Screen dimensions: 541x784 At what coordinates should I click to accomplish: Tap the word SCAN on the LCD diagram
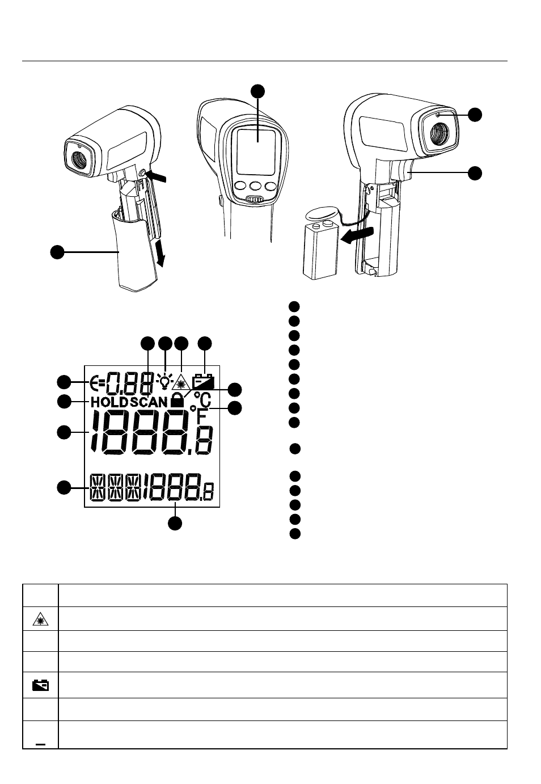[x=149, y=402]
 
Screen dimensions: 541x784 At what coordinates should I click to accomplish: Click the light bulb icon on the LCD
[x=165, y=381]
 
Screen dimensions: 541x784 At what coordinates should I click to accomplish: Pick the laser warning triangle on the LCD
[x=181, y=381]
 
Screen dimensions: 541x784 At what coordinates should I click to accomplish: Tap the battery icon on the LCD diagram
[x=203, y=381]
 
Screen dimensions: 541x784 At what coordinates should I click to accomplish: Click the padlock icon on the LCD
[x=177, y=399]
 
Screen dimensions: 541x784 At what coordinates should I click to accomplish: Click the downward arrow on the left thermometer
[x=159, y=252]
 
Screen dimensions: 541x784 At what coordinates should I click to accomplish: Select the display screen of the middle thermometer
[x=256, y=151]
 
